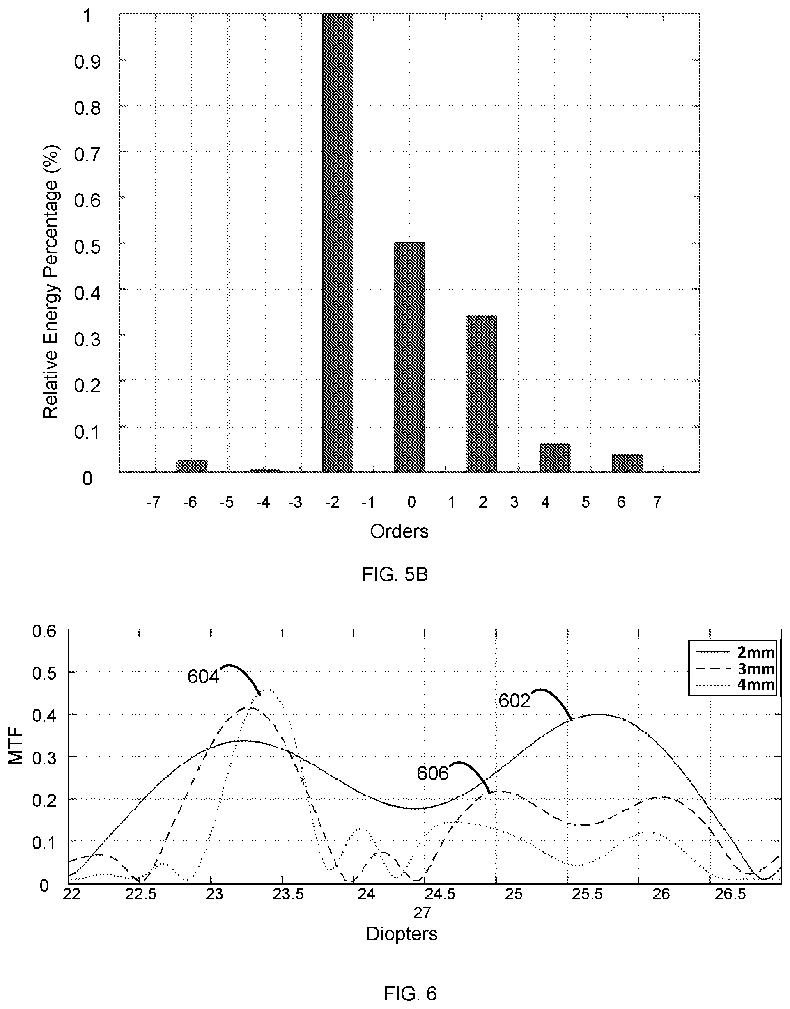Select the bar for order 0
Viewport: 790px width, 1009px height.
[409, 357]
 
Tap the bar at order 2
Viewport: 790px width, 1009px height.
[482, 394]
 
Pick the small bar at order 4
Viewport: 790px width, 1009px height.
[555, 458]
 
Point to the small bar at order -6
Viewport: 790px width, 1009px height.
[191, 466]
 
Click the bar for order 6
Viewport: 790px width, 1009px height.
[627, 463]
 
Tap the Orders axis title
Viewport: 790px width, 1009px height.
[399, 531]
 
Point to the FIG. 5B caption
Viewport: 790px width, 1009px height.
[395, 574]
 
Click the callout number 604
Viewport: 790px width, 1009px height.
[203, 677]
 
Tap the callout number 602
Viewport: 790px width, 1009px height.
[514, 701]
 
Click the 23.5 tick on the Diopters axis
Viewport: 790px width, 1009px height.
[288, 895]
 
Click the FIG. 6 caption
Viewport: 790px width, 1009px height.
[410, 993]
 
